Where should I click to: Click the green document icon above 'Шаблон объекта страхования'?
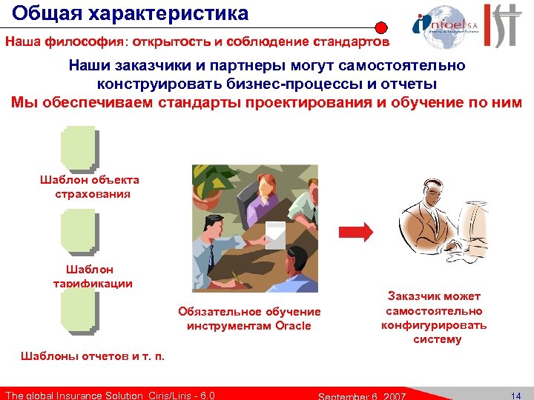[79, 148]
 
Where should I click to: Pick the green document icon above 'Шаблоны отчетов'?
[79, 311]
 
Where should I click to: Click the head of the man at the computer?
[431, 196]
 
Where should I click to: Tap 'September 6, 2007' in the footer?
[360, 396]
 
